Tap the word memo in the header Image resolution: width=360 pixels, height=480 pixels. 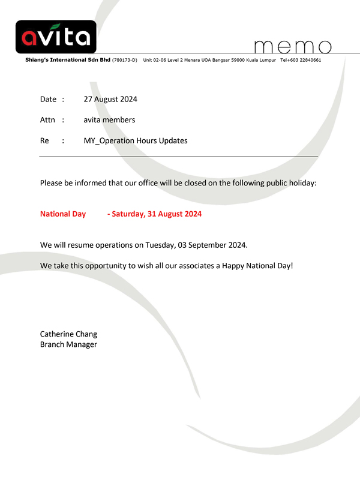click(x=293, y=46)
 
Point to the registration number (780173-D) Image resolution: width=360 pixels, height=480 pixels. click(x=125, y=61)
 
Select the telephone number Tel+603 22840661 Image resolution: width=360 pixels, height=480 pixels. click(x=301, y=61)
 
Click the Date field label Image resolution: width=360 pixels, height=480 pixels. click(x=48, y=99)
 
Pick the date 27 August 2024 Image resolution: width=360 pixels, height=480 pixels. click(x=111, y=99)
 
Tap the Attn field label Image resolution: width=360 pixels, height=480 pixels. click(x=47, y=120)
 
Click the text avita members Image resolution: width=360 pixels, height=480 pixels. click(x=109, y=120)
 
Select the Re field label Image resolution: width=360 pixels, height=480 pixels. click(x=44, y=141)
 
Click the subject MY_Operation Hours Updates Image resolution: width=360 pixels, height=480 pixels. click(x=136, y=141)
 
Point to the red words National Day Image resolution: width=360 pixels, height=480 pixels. click(x=63, y=214)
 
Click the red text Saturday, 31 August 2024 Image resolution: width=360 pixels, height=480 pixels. click(x=157, y=214)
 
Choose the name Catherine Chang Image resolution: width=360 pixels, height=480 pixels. click(x=68, y=334)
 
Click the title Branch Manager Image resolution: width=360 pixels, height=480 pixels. click(x=68, y=344)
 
